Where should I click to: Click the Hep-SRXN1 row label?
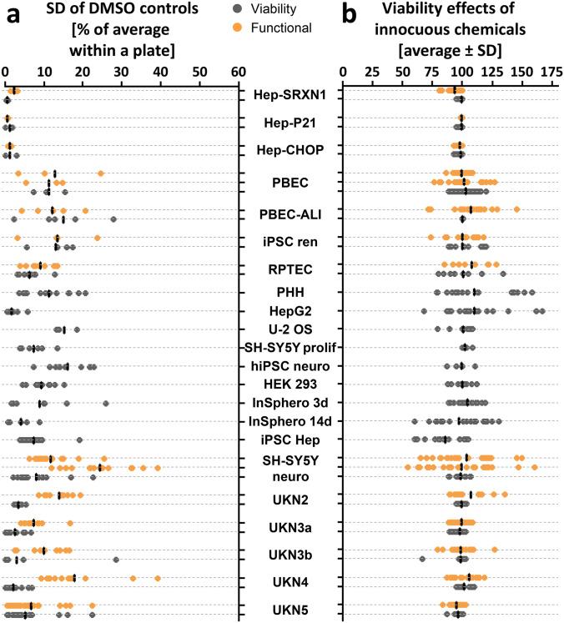point(290,94)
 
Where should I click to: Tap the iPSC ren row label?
point(289,242)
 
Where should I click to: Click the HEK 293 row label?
point(289,384)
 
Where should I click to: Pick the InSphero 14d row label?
point(289,420)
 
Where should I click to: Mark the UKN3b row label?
point(289,554)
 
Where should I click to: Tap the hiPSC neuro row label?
point(289,365)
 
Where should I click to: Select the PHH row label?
point(289,292)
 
